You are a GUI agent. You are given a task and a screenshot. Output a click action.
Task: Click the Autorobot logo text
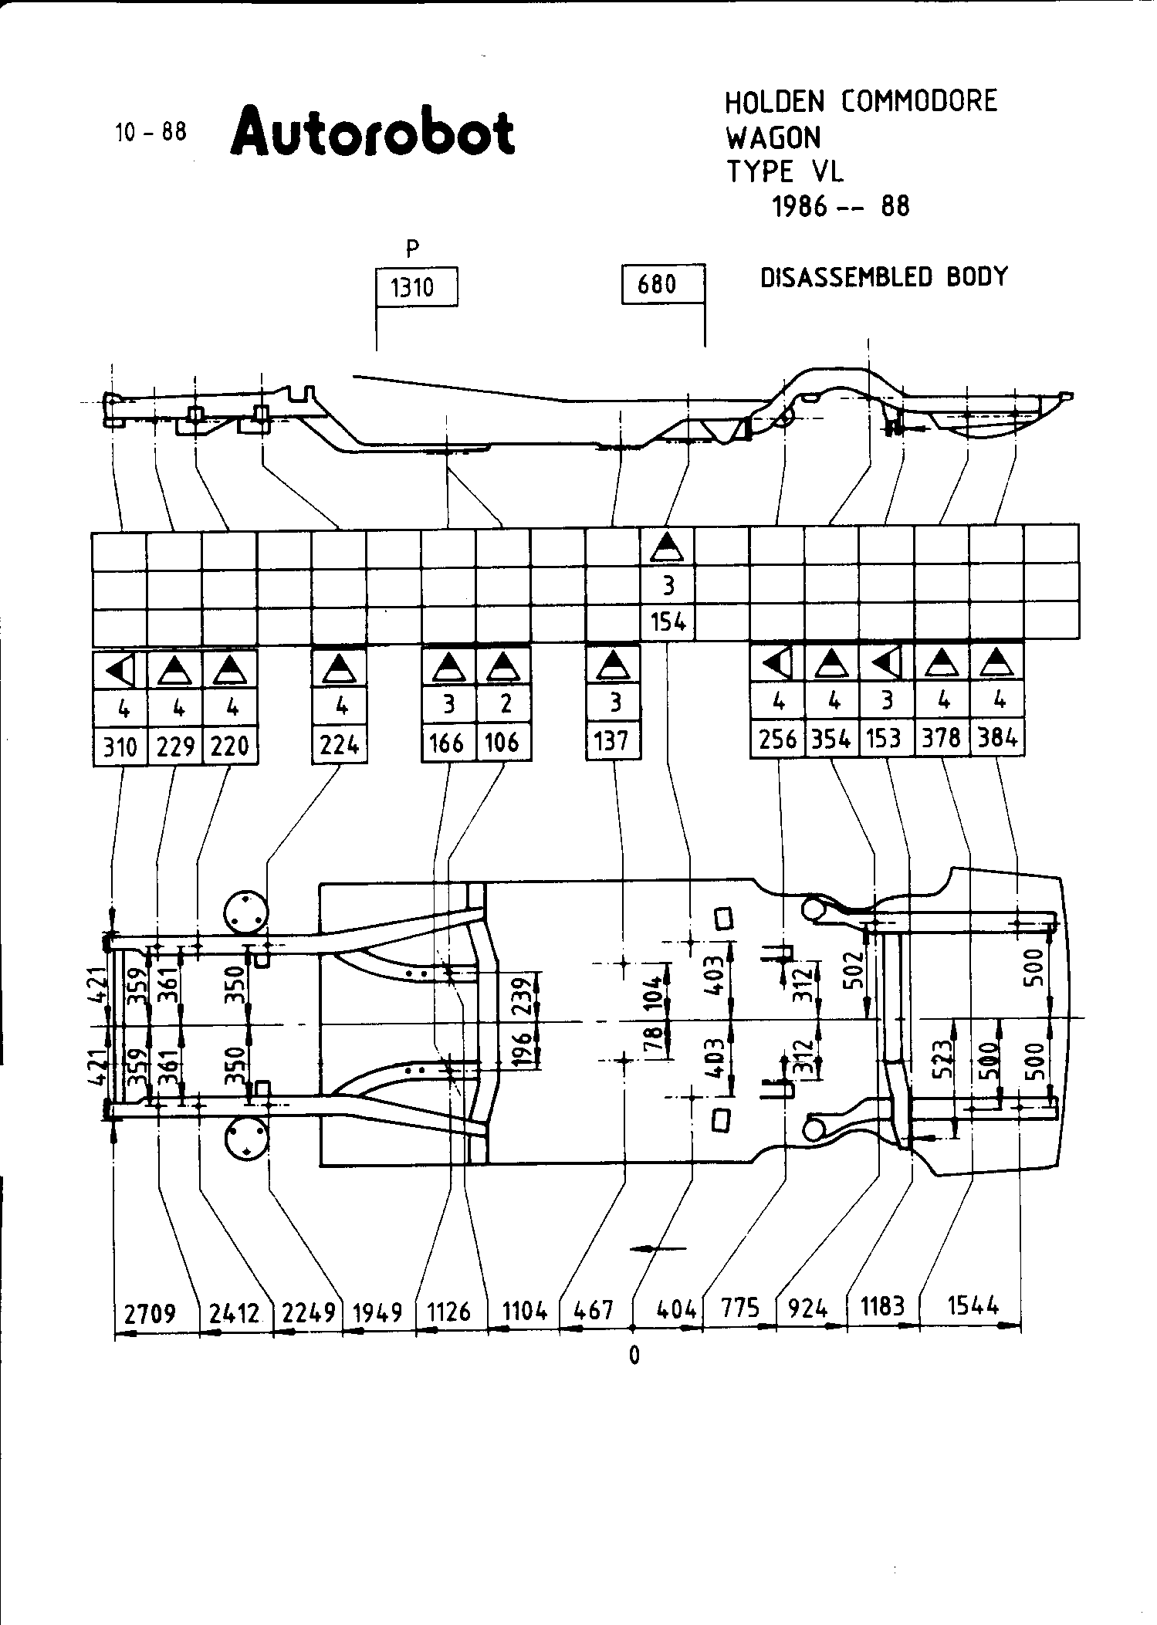pos(373,132)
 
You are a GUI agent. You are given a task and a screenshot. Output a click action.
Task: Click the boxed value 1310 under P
pos(413,288)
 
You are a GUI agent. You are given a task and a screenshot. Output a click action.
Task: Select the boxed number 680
pos(658,285)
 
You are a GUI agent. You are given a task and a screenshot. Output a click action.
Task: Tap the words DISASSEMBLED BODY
pos(884,276)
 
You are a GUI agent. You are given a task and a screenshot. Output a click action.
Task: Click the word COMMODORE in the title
pos(918,101)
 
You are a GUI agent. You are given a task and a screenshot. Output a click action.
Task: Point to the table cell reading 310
pos(120,746)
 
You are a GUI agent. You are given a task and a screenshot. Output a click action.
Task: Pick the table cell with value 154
pos(668,621)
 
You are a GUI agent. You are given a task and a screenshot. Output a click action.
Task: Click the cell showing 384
pos(996,739)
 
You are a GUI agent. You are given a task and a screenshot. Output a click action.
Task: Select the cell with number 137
pos(613,741)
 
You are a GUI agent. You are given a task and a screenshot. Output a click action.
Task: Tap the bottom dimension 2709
pos(151,1312)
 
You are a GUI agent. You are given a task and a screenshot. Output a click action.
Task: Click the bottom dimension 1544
pos(973,1306)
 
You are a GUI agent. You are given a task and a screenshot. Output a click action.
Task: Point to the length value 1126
pos(449,1311)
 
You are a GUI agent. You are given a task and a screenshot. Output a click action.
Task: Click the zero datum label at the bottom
pos(634,1356)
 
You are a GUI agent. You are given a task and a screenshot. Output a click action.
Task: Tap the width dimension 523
pos(943,1058)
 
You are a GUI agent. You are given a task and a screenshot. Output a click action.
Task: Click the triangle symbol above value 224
pos(339,667)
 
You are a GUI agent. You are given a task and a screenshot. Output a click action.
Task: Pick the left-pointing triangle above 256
pos(776,663)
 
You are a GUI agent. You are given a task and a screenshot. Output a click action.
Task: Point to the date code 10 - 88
pos(151,132)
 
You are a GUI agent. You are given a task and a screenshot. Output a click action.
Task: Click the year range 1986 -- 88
pos(841,206)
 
